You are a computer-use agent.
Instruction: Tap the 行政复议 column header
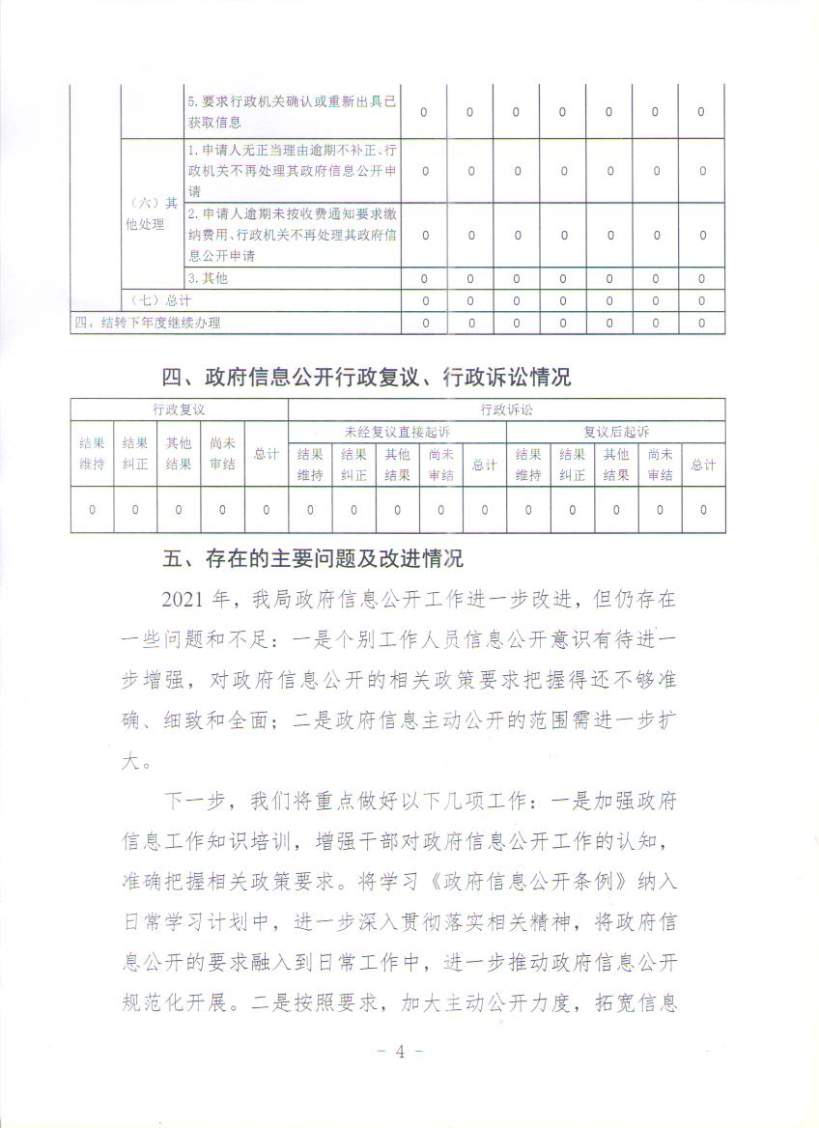[x=179, y=409]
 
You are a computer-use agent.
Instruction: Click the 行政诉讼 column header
[x=506, y=409]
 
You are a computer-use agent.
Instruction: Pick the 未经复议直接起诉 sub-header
[x=397, y=431]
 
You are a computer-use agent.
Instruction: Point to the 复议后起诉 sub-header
[x=615, y=431]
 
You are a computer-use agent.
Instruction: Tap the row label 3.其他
[x=208, y=278]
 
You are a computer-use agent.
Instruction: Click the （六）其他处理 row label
[x=153, y=213]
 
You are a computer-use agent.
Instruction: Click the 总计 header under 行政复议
[x=266, y=453]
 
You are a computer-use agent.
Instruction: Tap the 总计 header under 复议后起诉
[x=702, y=465]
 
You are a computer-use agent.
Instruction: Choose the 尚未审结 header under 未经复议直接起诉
[x=440, y=465]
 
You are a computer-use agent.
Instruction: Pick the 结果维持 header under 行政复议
[x=92, y=453]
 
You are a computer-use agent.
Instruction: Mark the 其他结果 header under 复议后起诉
[x=615, y=465]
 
